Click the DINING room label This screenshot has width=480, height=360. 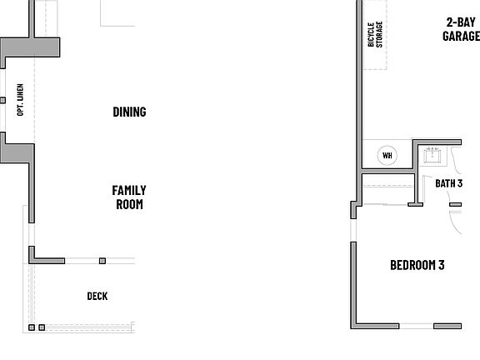129,112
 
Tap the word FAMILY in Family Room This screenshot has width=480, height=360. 129,190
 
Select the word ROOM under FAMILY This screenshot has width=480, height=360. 129,204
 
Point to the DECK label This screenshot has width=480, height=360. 97,296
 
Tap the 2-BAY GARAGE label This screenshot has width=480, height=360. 461,29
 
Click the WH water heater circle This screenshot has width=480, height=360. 387,155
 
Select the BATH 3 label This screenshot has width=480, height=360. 448,183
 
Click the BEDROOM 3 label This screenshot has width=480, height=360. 417,266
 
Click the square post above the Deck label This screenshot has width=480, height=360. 102,261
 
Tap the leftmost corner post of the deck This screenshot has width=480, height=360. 31,327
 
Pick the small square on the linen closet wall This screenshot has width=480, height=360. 2,100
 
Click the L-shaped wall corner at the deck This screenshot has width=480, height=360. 33,257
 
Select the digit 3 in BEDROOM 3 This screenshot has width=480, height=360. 441,266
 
